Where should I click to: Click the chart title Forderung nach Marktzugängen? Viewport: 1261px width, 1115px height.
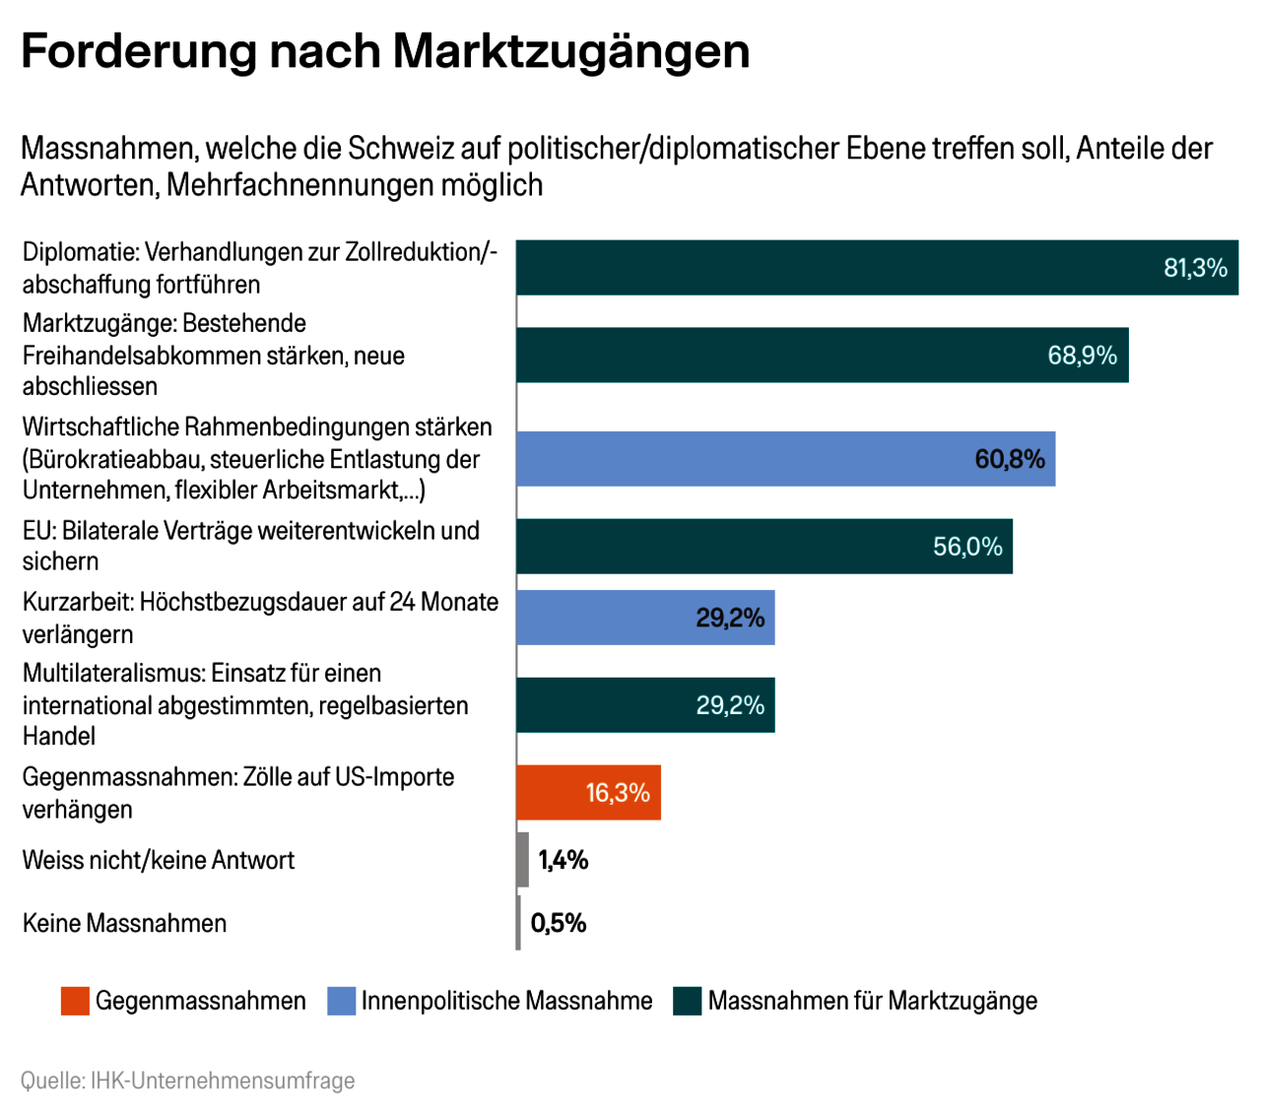[x=385, y=51]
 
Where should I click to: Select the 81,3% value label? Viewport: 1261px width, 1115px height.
[x=1195, y=268]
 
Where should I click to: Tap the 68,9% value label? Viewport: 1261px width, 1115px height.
[x=1082, y=356]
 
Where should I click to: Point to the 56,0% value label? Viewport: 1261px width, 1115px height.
[x=967, y=547]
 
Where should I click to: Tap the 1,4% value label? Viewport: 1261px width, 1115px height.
[x=564, y=860]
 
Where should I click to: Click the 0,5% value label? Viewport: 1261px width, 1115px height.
[x=559, y=923]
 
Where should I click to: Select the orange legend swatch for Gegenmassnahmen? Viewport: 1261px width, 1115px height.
[x=75, y=1001]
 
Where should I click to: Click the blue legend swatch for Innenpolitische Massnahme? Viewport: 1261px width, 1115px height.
[x=341, y=1001]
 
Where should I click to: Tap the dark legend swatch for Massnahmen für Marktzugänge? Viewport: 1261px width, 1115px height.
[x=688, y=1001]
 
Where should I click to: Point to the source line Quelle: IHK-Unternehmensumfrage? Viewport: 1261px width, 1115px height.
[x=187, y=1081]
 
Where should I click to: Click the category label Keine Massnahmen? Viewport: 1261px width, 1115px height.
[x=124, y=923]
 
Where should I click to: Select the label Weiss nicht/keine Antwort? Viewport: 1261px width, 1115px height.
[x=159, y=860]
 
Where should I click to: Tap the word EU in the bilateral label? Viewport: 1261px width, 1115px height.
[x=37, y=531]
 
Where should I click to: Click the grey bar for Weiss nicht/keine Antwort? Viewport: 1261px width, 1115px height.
[x=522, y=860]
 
